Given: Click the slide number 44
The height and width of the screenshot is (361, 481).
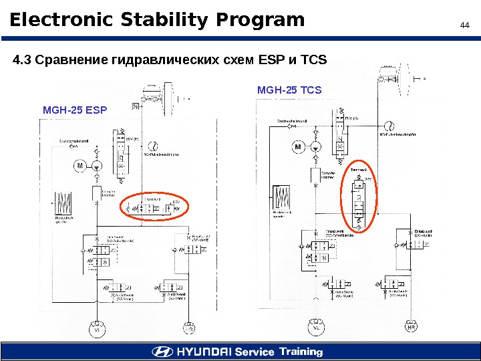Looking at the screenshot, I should [465, 25].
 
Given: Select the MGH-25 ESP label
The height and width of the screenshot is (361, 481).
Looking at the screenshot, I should [74, 108].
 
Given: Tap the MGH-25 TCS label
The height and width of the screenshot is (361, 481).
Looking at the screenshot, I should [289, 90].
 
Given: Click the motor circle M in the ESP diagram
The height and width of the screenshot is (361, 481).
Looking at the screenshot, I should [79, 166].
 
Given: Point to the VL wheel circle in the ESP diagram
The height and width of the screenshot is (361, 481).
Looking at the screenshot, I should [97, 329].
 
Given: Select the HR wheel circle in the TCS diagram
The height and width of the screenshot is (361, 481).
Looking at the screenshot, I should [411, 328].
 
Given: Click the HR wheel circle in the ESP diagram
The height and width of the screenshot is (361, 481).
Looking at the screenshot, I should [190, 329].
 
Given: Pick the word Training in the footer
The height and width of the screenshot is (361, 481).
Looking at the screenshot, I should [301, 352].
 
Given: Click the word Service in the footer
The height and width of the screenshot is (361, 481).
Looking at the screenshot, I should [255, 352].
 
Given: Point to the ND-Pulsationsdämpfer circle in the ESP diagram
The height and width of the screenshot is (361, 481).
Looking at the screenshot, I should [154, 146].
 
